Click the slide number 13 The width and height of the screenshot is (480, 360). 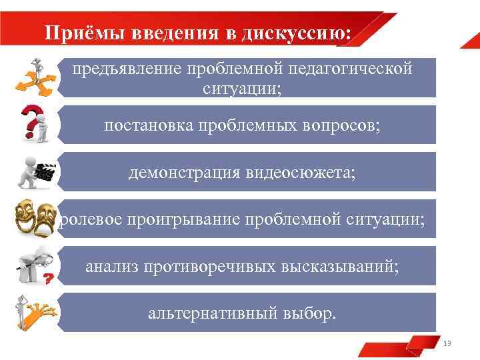point(447,343)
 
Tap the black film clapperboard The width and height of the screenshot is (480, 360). point(44,173)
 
